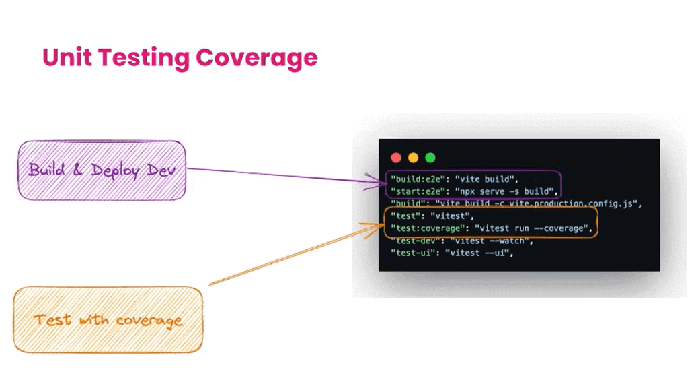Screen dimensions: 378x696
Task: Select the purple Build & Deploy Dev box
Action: [101, 170]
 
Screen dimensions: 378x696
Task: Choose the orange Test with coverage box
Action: [108, 319]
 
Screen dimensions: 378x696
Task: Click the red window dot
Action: [396, 158]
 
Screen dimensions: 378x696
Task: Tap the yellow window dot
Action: [413, 158]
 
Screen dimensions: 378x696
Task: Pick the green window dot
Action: [430, 158]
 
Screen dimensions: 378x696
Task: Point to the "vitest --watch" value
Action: [490, 241]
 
